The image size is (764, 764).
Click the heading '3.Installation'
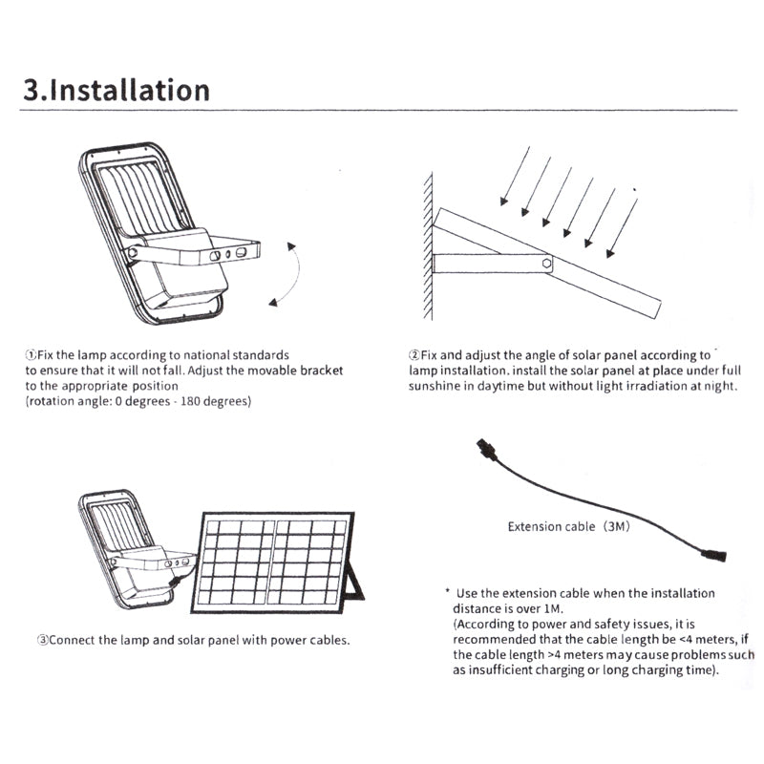(x=117, y=90)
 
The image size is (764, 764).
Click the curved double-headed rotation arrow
(x=291, y=274)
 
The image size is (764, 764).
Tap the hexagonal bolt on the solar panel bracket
(x=544, y=262)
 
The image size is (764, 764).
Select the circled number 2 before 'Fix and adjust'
(x=414, y=354)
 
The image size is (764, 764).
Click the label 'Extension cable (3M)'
(x=565, y=526)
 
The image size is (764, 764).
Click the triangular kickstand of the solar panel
(x=354, y=582)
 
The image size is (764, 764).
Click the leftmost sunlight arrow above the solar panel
(x=512, y=176)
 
